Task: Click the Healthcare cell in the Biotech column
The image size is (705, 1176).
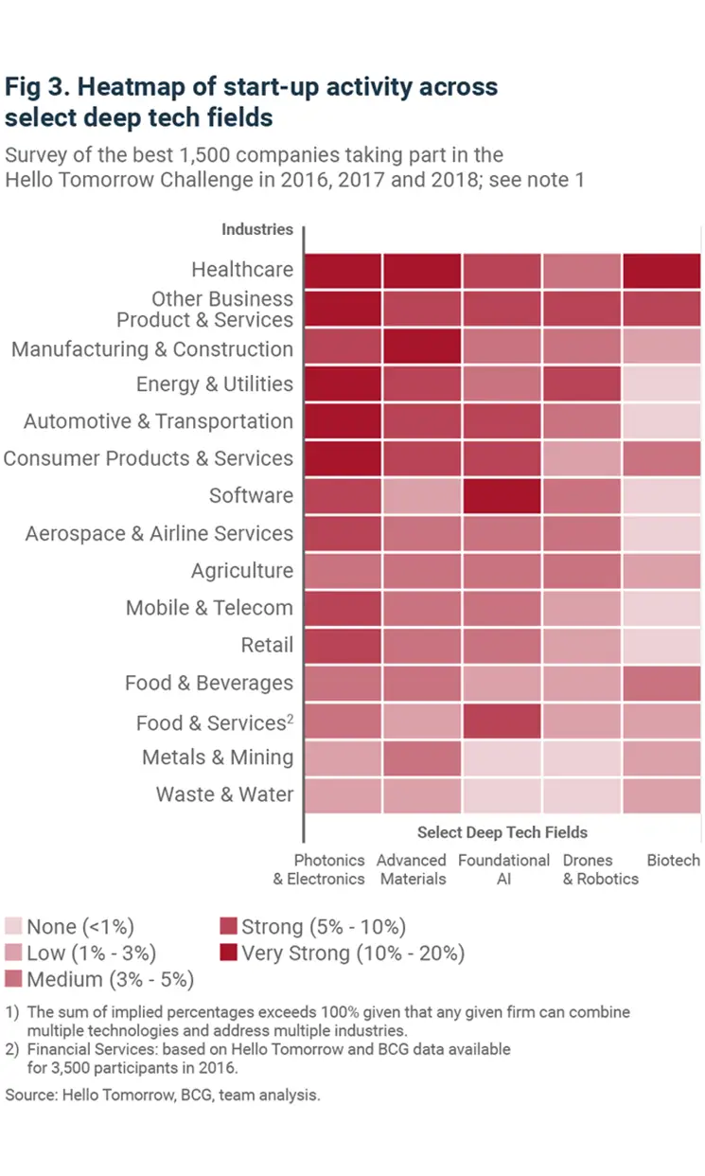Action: coord(661,270)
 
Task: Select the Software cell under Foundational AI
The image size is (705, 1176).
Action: coord(502,495)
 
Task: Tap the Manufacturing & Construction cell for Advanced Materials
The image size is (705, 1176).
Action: coord(423,347)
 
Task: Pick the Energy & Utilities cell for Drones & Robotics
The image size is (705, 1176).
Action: coord(582,384)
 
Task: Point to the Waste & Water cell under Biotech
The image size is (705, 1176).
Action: coord(661,794)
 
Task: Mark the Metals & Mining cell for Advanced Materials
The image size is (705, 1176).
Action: coord(423,757)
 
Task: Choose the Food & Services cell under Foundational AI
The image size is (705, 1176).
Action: coord(502,721)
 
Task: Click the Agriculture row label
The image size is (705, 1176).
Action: coord(241,571)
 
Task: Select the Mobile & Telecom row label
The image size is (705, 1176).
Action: coord(209,608)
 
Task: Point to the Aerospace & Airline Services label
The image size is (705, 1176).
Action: coord(159,534)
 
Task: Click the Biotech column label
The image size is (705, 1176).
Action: coord(673,861)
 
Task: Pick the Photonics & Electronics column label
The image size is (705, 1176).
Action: coord(328,869)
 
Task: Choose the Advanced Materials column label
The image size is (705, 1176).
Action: coord(411,869)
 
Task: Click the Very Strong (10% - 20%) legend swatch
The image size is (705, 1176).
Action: coord(228,953)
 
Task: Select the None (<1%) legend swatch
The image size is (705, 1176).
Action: coord(13,927)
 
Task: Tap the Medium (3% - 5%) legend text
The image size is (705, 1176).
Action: coord(110,979)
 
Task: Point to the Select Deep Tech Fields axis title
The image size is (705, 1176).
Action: coord(502,832)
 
